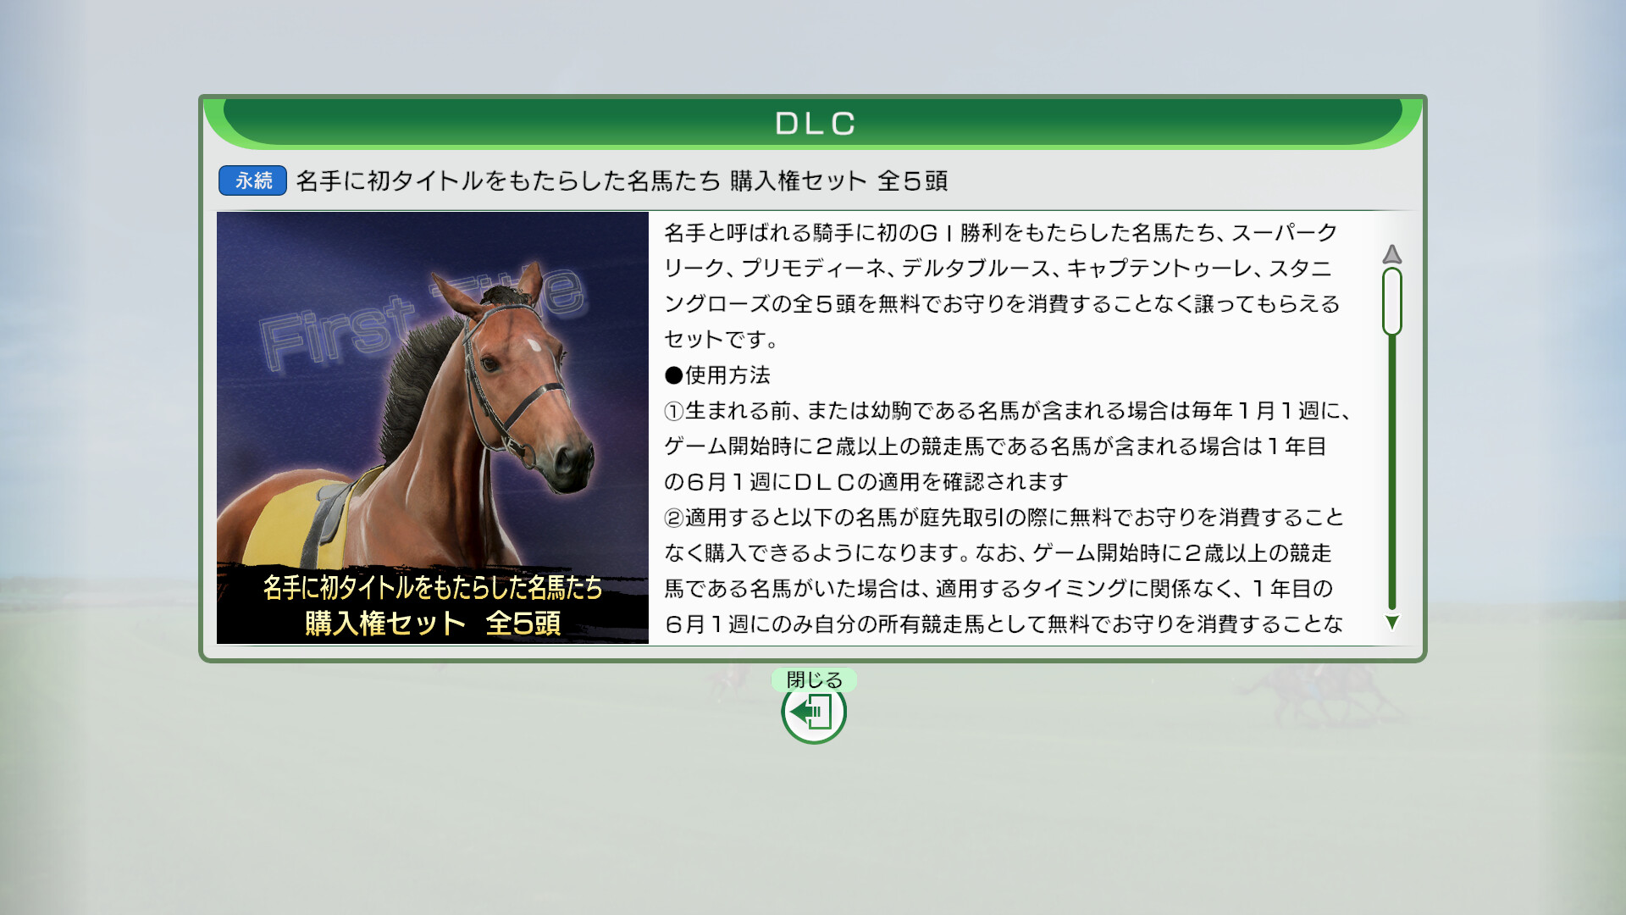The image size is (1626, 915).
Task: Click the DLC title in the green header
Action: [x=815, y=124]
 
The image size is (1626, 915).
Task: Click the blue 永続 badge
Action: [x=252, y=180]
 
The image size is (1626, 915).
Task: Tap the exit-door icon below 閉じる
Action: [x=814, y=712]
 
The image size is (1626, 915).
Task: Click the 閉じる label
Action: [x=814, y=679]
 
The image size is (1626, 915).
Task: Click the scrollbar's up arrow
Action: [x=1391, y=254]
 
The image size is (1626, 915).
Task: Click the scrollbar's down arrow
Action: [x=1391, y=623]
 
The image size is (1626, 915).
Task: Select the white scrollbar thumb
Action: [x=1391, y=302]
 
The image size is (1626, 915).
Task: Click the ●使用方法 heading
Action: [x=717, y=375]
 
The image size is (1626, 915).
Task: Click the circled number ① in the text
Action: [x=674, y=411]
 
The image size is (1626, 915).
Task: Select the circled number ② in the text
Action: [x=674, y=518]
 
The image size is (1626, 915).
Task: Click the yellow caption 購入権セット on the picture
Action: [x=385, y=624]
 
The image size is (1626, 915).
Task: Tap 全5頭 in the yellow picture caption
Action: [x=523, y=624]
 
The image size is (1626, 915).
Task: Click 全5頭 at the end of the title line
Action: [x=912, y=180]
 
